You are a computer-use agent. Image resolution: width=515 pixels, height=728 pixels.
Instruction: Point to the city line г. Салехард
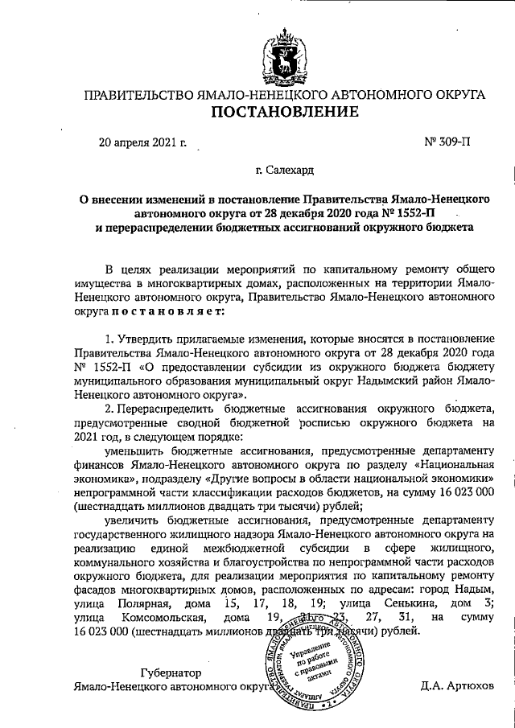285,171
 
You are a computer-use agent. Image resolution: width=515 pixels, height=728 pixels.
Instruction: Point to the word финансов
96,468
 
